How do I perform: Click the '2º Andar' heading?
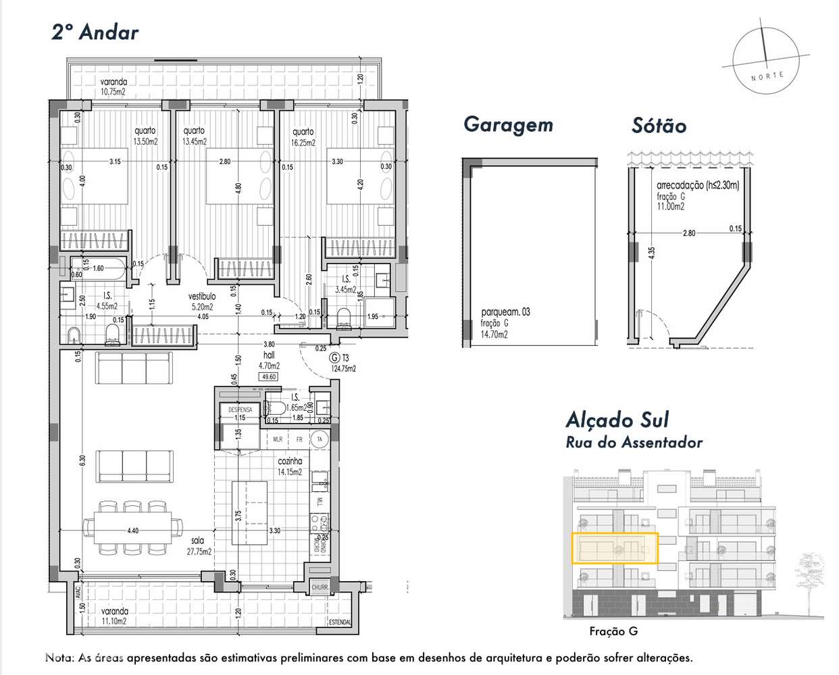(x=95, y=32)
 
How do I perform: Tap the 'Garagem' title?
(x=508, y=125)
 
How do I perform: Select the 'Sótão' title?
(x=659, y=126)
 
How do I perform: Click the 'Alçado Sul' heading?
(x=617, y=420)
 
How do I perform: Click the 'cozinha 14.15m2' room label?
(x=290, y=466)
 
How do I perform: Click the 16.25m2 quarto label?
(x=302, y=137)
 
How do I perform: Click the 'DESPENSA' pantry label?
(x=240, y=409)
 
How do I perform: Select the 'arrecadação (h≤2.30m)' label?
(x=697, y=186)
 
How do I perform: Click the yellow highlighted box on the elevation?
(x=614, y=548)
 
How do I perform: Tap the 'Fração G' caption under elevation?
(x=613, y=632)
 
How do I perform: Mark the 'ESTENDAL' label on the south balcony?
(x=339, y=622)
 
